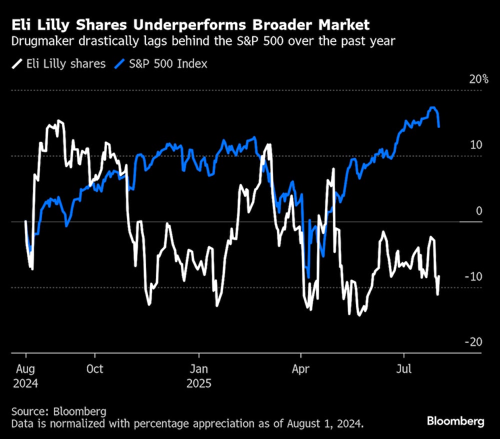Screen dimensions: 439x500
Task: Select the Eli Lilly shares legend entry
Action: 65,63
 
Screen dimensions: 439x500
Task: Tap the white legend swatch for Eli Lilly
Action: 17,63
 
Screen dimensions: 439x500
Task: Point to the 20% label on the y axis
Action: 478,79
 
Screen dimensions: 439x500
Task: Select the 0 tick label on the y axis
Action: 479,211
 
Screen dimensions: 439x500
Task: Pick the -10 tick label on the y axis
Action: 473,276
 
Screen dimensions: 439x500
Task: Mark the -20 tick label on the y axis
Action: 473,342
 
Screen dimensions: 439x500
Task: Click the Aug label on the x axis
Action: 25,369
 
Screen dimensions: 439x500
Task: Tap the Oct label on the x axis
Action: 94,369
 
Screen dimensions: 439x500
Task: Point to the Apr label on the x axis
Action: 301,369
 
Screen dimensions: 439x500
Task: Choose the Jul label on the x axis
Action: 403,369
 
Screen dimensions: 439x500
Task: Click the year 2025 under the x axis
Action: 199,384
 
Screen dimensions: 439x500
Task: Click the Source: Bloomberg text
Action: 59,412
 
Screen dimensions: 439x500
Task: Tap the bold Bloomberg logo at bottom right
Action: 455,421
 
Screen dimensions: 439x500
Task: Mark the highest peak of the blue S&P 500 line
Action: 433,108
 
